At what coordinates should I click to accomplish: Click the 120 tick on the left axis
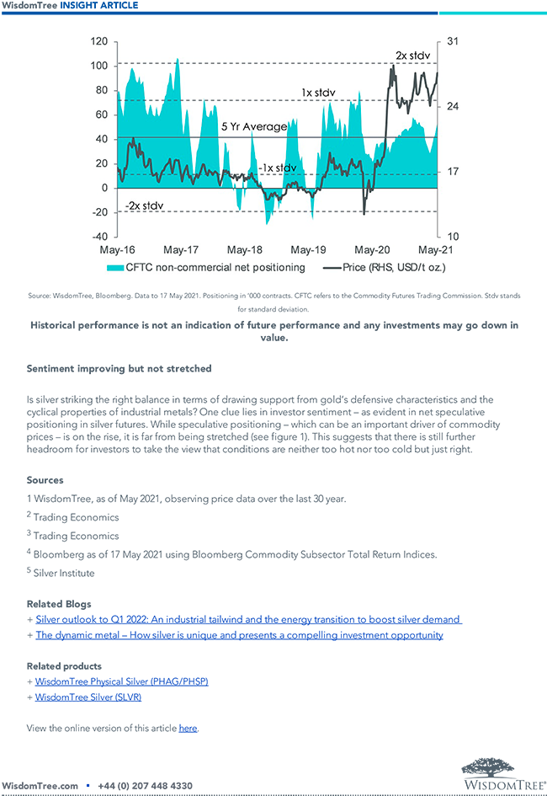pos(98,41)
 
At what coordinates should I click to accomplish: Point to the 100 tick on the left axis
pos(98,66)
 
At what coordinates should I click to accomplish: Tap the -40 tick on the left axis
pos(98,237)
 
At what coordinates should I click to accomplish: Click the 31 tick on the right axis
pos(451,41)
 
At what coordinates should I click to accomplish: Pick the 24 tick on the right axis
pos(451,106)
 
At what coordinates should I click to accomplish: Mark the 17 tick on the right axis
pos(450,172)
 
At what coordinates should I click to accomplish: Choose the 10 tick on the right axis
pos(450,237)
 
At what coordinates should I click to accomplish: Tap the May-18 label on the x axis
pos(245,250)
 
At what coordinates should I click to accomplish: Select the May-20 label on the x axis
pos(372,250)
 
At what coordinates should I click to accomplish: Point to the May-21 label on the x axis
pos(435,250)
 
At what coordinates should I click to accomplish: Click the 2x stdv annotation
pos(413,56)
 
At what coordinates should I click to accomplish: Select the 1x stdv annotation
pos(319,92)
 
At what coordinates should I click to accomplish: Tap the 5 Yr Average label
pos(253,127)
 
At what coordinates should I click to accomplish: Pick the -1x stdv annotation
pos(277,168)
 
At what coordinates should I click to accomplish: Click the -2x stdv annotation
pos(144,206)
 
